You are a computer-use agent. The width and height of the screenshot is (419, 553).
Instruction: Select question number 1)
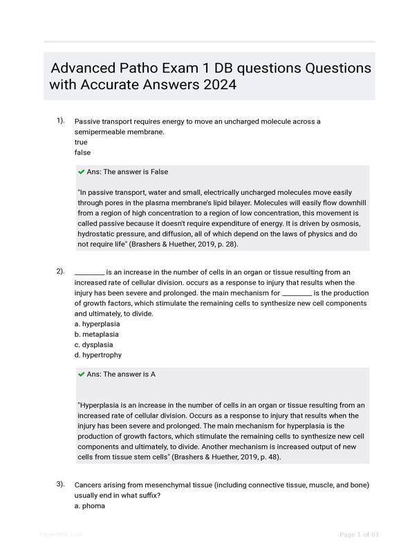[x=61, y=121]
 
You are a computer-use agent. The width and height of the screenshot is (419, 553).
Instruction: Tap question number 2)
[x=61, y=271]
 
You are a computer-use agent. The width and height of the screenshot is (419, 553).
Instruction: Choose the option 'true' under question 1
[x=81, y=142]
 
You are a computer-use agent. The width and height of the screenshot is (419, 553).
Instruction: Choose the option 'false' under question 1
[x=82, y=152]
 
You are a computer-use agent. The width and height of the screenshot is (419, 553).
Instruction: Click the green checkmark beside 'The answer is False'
[x=82, y=172]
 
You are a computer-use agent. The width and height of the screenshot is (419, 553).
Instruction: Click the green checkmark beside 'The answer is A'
[x=82, y=375]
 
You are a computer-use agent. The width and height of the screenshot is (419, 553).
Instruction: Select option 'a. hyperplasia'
[x=97, y=324]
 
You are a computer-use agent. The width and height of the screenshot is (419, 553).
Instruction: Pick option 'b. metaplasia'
[x=96, y=334]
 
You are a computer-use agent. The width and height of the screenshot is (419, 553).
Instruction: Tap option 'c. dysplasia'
[x=93, y=344]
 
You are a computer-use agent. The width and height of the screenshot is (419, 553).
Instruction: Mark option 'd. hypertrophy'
[x=97, y=355]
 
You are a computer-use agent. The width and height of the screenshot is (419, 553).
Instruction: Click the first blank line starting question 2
[x=89, y=272]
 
